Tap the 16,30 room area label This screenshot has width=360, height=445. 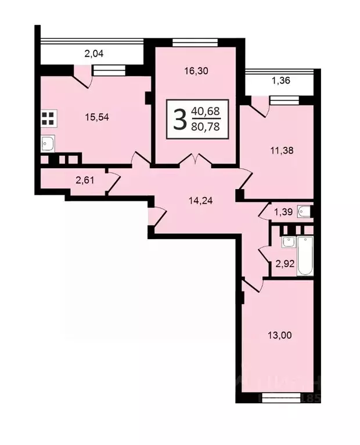[x=195, y=71]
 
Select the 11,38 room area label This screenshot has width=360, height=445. [x=282, y=150]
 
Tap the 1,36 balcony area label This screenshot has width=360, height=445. [x=281, y=81]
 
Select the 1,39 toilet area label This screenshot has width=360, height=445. [x=283, y=213]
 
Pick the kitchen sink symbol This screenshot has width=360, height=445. [x=48, y=143]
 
